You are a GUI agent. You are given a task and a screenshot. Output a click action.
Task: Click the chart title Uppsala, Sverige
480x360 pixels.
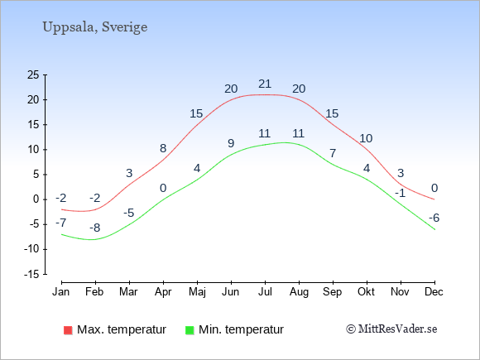point(95,27)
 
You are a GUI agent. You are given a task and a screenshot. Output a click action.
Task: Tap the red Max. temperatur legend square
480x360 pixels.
point(68,330)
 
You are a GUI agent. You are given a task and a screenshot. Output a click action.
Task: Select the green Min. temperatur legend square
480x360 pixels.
point(190,330)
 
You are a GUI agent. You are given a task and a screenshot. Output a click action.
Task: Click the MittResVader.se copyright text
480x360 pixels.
point(391,329)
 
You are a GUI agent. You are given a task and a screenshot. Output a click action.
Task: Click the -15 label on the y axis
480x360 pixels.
point(31,275)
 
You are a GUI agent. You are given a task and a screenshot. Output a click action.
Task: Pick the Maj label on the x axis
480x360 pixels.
point(197,292)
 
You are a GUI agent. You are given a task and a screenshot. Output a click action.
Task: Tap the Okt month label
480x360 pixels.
point(366,292)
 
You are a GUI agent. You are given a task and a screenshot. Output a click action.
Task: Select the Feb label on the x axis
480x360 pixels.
point(94,292)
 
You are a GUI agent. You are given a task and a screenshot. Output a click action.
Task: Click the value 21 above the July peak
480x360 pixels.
point(265,84)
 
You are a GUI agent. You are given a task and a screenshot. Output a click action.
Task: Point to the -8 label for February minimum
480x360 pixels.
point(95,228)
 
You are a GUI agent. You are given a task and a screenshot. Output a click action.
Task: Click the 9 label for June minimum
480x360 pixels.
point(231,143)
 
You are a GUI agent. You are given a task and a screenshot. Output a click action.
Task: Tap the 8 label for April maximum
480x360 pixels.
point(163,148)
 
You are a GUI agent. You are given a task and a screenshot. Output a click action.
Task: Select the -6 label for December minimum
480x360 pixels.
point(434,218)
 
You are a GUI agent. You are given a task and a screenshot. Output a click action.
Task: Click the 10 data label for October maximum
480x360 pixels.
point(366,139)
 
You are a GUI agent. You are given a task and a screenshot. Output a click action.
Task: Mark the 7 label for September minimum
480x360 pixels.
point(333,153)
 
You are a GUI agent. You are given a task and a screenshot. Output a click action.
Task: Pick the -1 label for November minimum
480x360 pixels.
point(400,194)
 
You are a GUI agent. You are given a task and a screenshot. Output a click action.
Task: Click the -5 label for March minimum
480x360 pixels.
point(129,213)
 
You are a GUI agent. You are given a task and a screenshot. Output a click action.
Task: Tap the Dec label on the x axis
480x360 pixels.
point(434,292)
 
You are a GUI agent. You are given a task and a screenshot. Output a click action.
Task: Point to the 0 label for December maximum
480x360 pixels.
point(434,188)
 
